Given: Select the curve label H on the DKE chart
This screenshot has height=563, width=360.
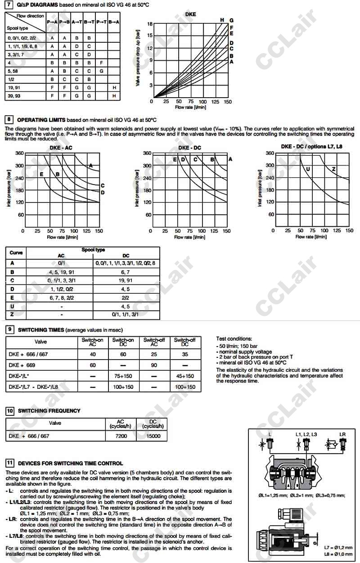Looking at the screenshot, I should coord(222,20).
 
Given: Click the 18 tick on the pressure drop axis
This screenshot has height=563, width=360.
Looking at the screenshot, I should coord(150,23).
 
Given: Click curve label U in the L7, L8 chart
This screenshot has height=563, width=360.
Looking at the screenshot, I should coord(308,169).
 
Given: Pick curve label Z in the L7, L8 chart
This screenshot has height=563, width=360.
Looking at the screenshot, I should coord(333,169).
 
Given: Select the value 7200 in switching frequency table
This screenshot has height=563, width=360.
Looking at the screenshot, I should coord(121,436).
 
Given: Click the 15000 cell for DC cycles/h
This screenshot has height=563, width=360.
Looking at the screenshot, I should coord(153,436).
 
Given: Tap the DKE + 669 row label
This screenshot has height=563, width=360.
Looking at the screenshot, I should coord(22,365).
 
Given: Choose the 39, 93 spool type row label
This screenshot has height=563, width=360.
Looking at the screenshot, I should coord(14,96).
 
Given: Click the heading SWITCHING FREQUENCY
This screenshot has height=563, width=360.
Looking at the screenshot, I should coord(49,410).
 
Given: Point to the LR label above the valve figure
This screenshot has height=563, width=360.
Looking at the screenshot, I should coord(342,434).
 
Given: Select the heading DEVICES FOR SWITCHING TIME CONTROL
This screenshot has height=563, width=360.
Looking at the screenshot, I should coord(70,463).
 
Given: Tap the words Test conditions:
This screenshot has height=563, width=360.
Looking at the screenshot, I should coord(234,339).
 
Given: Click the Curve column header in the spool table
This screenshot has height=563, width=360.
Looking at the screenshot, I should coord(16,252).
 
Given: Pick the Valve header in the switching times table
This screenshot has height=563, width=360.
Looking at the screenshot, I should coord(40,342).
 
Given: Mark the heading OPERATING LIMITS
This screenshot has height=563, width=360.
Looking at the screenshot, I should coord(41,120).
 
